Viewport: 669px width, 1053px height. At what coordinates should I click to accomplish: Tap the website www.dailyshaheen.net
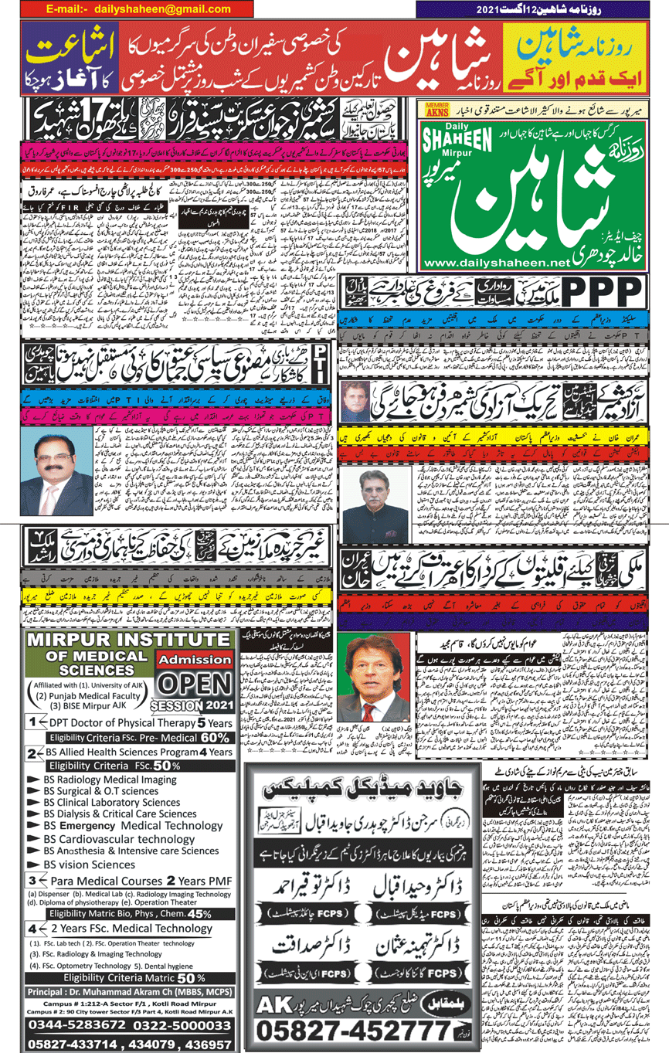pyautogui.click(x=491, y=263)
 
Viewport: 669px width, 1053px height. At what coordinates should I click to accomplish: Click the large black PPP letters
pyautogui.click(x=602, y=294)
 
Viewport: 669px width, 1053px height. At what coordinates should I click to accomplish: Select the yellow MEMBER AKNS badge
pyautogui.click(x=435, y=110)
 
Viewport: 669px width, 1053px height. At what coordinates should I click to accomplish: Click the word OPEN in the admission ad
pyautogui.click(x=195, y=685)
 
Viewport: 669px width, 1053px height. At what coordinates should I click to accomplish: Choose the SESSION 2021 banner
pyautogui.click(x=192, y=705)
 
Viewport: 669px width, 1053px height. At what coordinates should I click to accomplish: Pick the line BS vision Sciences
pyautogui.click(x=89, y=864)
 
